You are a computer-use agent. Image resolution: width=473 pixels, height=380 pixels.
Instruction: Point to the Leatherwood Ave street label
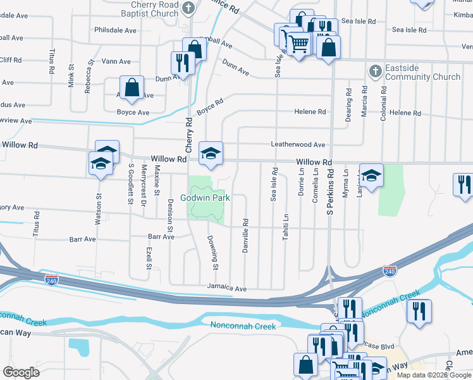click(x=298, y=144)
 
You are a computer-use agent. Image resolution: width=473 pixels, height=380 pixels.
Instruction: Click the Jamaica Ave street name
click(x=227, y=288)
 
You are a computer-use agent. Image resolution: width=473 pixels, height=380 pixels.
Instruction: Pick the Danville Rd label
click(x=245, y=236)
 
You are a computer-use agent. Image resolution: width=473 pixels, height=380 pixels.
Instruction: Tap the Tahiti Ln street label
click(x=286, y=227)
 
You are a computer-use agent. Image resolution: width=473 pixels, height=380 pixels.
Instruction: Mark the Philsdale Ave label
click(x=114, y=30)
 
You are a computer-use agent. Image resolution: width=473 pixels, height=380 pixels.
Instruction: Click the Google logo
click(x=21, y=372)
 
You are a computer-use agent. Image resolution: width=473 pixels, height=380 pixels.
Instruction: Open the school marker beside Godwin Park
click(x=211, y=153)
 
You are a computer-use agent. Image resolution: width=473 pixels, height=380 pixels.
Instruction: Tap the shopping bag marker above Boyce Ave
click(x=132, y=88)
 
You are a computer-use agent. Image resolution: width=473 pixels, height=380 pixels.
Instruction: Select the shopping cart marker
click(x=298, y=44)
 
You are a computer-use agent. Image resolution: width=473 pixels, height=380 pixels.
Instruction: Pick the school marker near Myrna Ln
click(x=371, y=176)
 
